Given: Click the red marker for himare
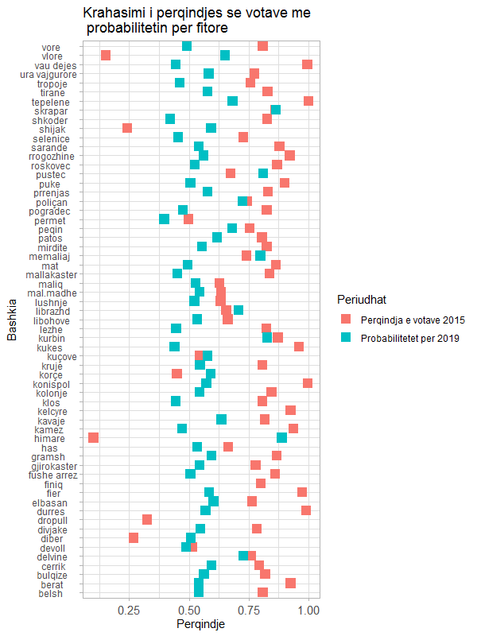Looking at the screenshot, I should [x=94, y=437].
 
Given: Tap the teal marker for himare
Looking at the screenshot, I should [x=282, y=437].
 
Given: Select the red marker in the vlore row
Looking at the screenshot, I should [x=106, y=55].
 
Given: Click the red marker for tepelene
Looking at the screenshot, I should [x=308, y=101].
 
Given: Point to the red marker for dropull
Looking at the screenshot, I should [x=147, y=519].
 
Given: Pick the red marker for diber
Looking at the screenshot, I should [x=134, y=537].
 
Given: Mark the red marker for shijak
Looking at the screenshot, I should [x=127, y=128].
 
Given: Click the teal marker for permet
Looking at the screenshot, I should [x=165, y=219].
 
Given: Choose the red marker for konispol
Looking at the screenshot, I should [x=308, y=382].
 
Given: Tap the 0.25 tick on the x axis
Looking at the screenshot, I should [x=129, y=610].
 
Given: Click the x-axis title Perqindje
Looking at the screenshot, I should [x=200, y=625].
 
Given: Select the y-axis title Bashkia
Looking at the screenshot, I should [x=12, y=320].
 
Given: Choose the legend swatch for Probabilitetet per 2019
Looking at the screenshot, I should [x=346, y=338].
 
